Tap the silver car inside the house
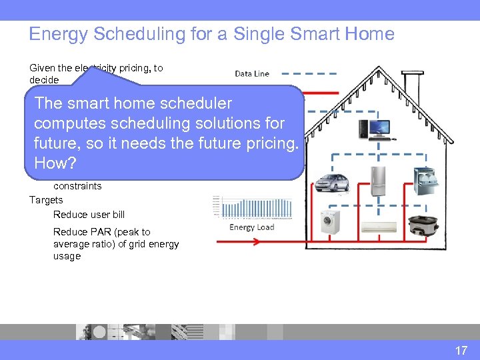click(x=331, y=182)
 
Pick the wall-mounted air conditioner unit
click(x=379, y=229)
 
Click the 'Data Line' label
click(x=252, y=74)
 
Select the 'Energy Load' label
click(x=252, y=227)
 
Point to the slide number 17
click(x=461, y=350)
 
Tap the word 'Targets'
click(x=46, y=200)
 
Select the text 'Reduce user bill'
click(x=89, y=215)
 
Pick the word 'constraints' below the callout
click(x=77, y=186)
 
